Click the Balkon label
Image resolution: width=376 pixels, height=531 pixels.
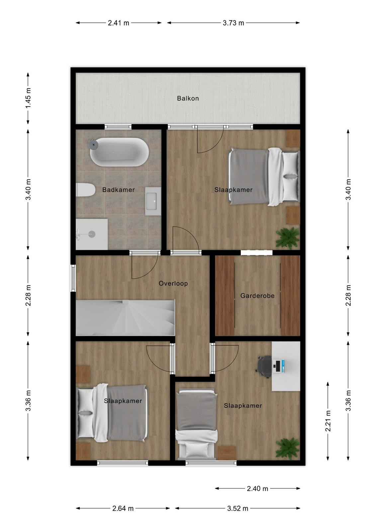tap(188, 98)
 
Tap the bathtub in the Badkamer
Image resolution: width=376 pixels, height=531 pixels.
tap(119, 152)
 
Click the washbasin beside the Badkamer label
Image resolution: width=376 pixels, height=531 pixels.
tap(153, 201)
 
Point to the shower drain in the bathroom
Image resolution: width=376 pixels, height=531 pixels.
tap(92, 234)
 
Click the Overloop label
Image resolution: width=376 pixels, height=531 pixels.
tap(173, 283)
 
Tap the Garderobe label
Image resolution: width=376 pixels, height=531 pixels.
tap(257, 296)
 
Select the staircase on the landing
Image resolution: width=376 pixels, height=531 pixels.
tap(125, 318)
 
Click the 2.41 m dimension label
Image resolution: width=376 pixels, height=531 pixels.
tap(119, 23)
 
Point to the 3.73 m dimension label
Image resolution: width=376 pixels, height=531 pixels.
tap(234, 23)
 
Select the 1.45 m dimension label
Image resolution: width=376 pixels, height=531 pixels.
tap(28, 98)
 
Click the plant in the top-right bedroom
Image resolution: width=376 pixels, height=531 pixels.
tap(288, 238)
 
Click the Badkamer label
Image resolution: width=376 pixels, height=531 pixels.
tap(118, 190)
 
